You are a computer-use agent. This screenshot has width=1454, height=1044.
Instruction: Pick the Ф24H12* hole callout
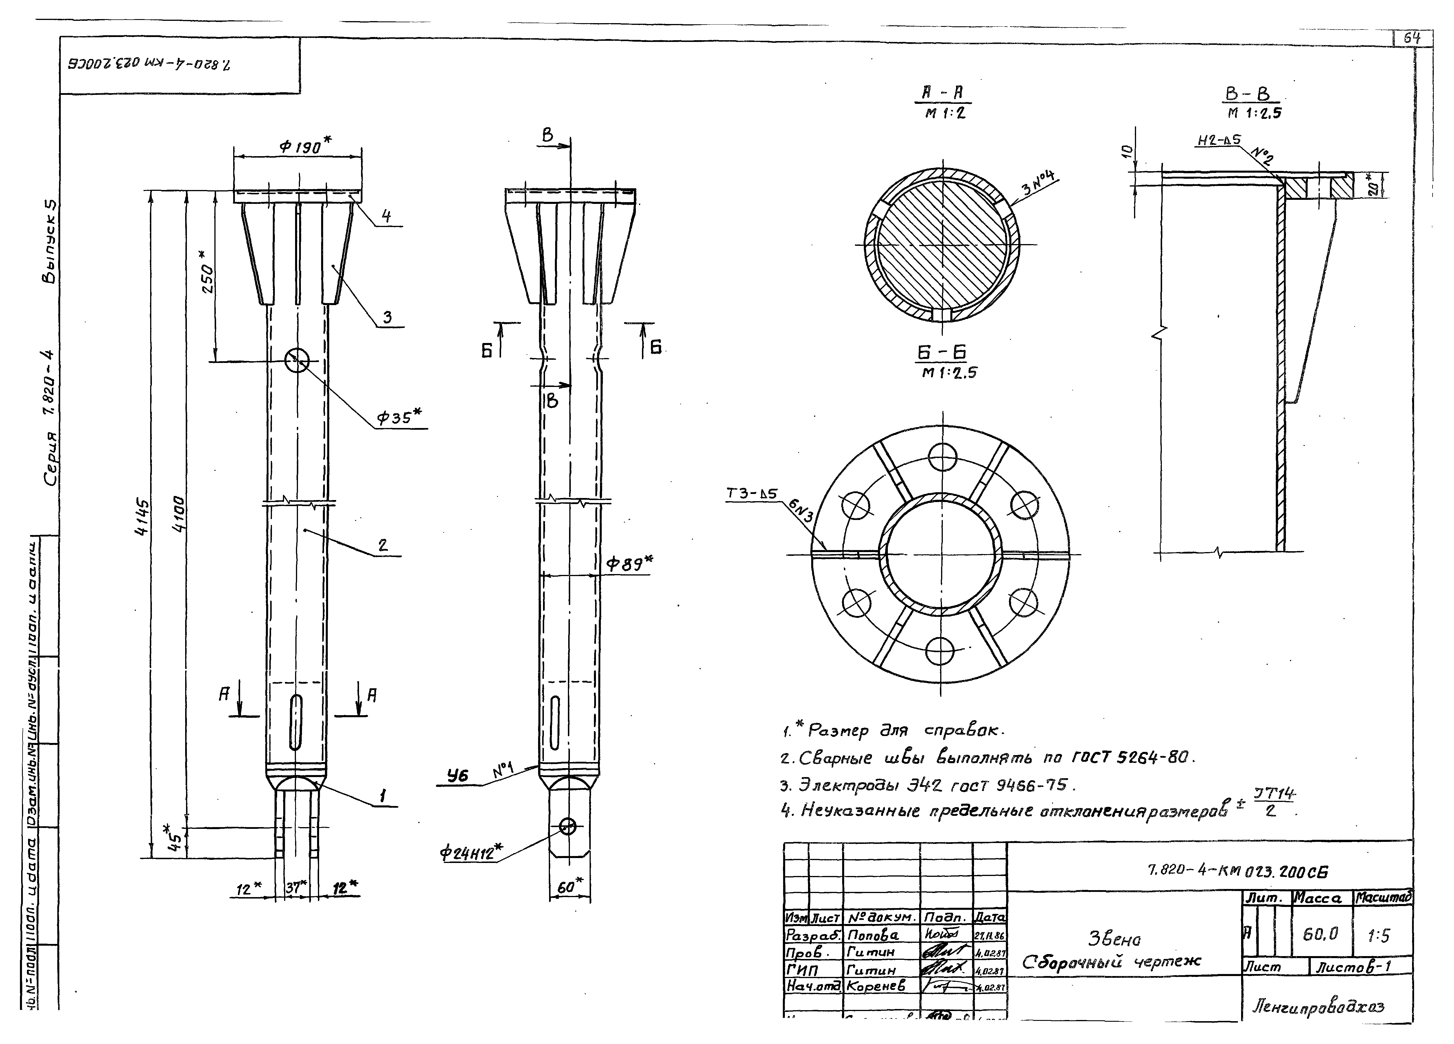[x=471, y=853]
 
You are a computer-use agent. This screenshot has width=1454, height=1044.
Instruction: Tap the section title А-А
[x=943, y=93]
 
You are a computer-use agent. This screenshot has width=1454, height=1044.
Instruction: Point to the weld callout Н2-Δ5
[x=1218, y=140]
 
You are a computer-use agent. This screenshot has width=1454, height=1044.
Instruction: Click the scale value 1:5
[x=1378, y=936]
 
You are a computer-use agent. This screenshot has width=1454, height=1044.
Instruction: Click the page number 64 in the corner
[x=1412, y=38]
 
